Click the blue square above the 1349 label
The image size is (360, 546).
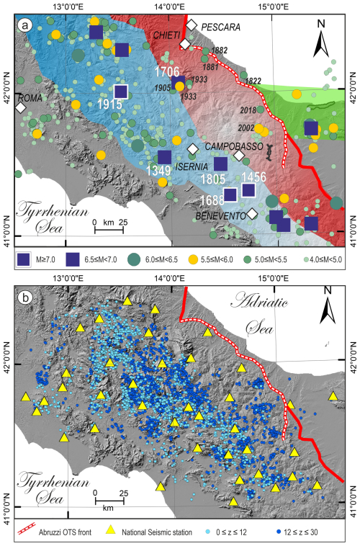click(164, 157)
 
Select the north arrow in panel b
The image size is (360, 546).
click(328, 311)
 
